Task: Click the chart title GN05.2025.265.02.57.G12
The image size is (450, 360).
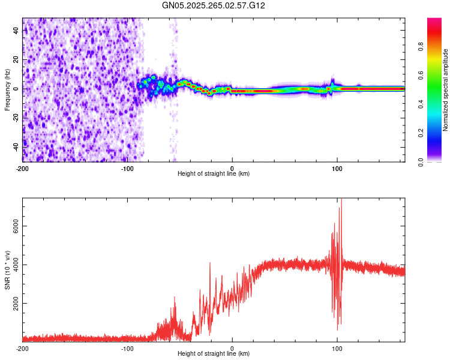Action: [x=214, y=5]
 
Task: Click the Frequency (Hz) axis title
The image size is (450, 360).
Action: [x=7, y=90]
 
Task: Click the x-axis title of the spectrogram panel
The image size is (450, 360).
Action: [x=214, y=174]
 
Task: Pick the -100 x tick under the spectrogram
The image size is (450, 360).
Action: [x=127, y=168]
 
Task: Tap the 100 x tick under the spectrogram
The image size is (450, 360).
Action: [x=337, y=168]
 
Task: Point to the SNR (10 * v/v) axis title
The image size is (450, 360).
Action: [x=7, y=270]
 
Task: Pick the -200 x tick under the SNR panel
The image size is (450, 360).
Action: [x=22, y=349]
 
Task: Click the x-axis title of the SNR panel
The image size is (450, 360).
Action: [x=214, y=354]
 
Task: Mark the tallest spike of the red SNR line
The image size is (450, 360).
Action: [x=341, y=200]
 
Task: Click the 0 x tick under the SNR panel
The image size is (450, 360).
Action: [x=232, y=349]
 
